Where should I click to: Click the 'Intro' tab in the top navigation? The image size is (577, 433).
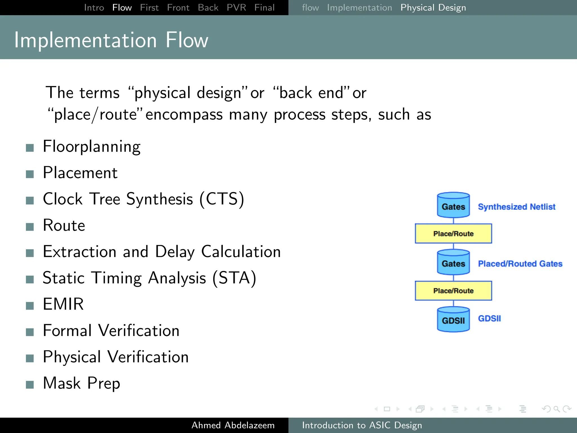coord(94,8)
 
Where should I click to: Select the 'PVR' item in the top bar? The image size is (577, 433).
coord(236,8)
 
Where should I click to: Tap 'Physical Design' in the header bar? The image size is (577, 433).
coord(433,8)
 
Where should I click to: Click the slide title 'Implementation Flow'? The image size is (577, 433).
coord(111,40)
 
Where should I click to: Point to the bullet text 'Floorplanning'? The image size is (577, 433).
coord(92,147)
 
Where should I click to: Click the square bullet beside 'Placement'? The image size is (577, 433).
coord(30,174)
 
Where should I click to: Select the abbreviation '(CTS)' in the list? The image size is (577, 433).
coord(222,199)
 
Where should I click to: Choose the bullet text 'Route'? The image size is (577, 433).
coord(64,226)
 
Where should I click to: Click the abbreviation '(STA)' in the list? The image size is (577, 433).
coord(234,278)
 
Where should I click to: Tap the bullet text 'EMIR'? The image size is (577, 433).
coord(63,304)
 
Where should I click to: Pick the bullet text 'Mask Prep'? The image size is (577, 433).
coord(81,383)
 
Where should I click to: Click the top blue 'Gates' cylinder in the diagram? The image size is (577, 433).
coord(453,206)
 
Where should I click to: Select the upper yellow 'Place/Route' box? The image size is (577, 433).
coord(453,234)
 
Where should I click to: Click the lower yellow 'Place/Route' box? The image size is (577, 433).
coord(453,291)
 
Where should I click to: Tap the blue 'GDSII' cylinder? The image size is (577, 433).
coord(453,320)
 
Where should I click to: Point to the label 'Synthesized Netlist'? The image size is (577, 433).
coord(516,207)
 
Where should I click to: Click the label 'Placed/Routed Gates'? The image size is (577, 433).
coord(520,264)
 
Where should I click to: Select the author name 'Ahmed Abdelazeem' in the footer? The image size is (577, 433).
coord(233,425)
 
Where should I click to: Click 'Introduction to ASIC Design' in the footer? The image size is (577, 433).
coord(362,425)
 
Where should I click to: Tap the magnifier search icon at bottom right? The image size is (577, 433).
coord(556,409)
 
